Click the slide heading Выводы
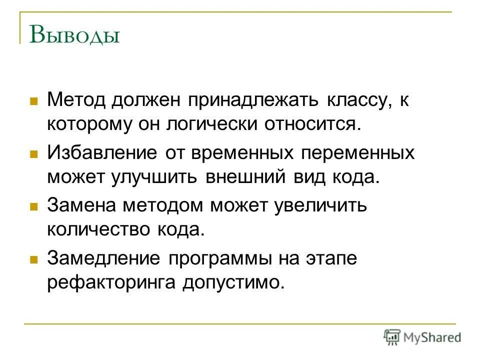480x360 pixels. coord(75,36)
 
